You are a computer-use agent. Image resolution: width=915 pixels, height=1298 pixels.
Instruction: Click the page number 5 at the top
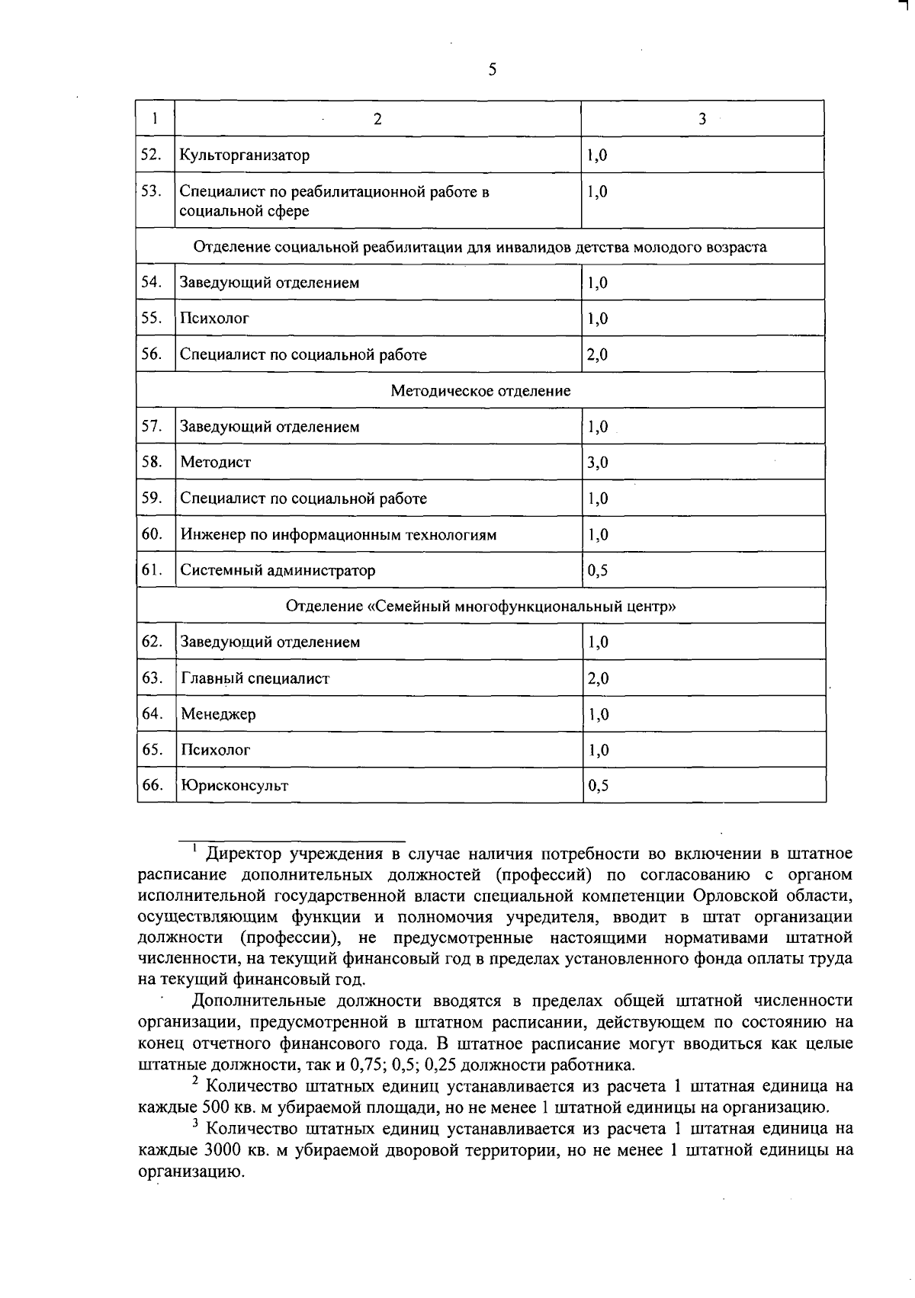pos(492,70)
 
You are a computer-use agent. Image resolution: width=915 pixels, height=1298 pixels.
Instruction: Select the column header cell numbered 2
pos(377,119)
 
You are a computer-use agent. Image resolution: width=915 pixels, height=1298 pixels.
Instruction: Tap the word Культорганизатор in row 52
pos(245,155)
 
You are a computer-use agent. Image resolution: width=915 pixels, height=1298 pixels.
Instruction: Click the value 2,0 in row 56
pos(597,354)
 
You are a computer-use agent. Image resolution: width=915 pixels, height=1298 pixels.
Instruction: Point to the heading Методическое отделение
pos(480,391)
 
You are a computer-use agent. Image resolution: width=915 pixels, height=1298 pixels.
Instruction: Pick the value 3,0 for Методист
pos(597,463)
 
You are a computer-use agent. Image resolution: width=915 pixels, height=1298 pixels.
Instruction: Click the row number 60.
pos(152,534)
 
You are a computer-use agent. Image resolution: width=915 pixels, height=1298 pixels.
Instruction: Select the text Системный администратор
pos(278,570)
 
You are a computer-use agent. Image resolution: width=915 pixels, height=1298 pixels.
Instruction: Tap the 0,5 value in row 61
pos(597,570)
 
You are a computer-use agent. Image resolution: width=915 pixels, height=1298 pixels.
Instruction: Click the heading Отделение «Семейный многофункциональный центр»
pos(480,607)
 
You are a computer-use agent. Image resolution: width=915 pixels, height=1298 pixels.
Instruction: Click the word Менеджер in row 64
pos(218,715)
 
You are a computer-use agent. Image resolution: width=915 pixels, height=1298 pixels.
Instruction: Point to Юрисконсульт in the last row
pos(235,786)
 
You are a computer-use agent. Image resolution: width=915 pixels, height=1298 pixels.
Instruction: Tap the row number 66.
pos(152,785)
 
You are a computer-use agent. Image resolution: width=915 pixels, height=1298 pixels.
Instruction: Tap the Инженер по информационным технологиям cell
pos(339,535)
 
